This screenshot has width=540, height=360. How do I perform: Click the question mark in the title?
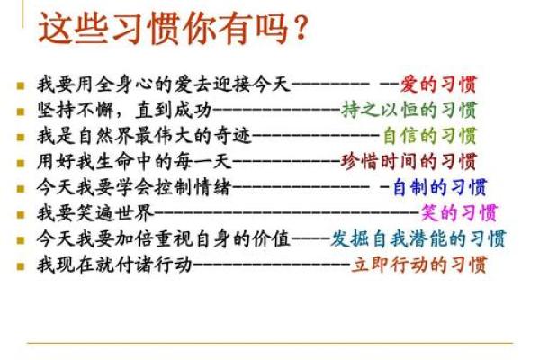pos(294,29)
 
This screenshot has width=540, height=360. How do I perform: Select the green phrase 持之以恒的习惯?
pos(409,111)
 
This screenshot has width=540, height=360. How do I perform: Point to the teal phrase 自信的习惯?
pos(428,137)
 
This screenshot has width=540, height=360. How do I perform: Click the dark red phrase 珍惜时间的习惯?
pos(409,162)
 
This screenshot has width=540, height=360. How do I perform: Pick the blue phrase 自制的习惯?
pos(439,188)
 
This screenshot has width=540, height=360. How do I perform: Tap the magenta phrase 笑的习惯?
pos(459,213)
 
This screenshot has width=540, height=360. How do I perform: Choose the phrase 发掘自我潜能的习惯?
pos(418,239)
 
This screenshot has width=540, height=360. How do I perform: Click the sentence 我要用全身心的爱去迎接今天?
pos(164,85)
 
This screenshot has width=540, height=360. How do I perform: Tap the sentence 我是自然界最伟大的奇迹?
pos(144,137)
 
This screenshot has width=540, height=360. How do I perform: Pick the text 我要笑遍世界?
pos(94,213)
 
